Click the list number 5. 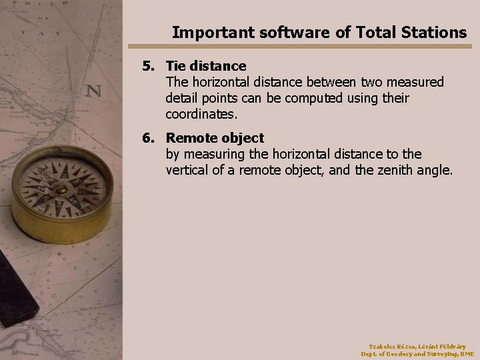point(148,66)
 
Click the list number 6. point(148,138)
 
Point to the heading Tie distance point(206,66)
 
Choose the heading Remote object point(215,138)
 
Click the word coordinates point(201,114)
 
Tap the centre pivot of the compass point(61,189)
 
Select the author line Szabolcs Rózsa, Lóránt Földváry point(417,346)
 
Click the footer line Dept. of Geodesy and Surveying point(417,354)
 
